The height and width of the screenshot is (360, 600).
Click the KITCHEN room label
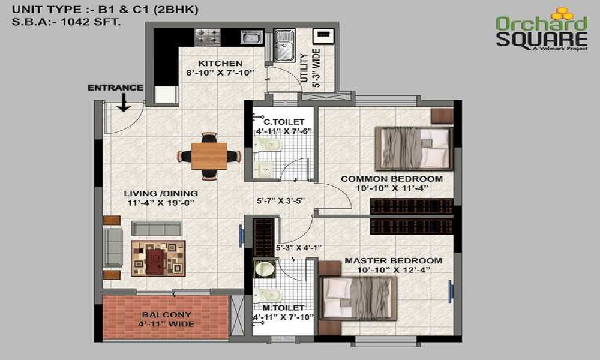tap(220, 64)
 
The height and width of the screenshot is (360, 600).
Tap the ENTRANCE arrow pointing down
tap(124, 103)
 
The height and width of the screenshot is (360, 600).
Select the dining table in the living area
tap(209, 156)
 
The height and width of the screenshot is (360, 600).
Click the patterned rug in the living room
tap(158, 258)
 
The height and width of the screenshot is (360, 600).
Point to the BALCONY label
tap(166, 315)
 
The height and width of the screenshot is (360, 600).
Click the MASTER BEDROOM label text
tap(393, 261)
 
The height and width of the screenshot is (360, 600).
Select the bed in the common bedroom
tap(413, 146)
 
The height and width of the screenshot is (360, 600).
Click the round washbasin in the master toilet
tap(263, 269)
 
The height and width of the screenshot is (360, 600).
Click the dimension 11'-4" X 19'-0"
tap(161, 203)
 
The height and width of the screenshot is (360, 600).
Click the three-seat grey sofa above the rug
tap(156, 228)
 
